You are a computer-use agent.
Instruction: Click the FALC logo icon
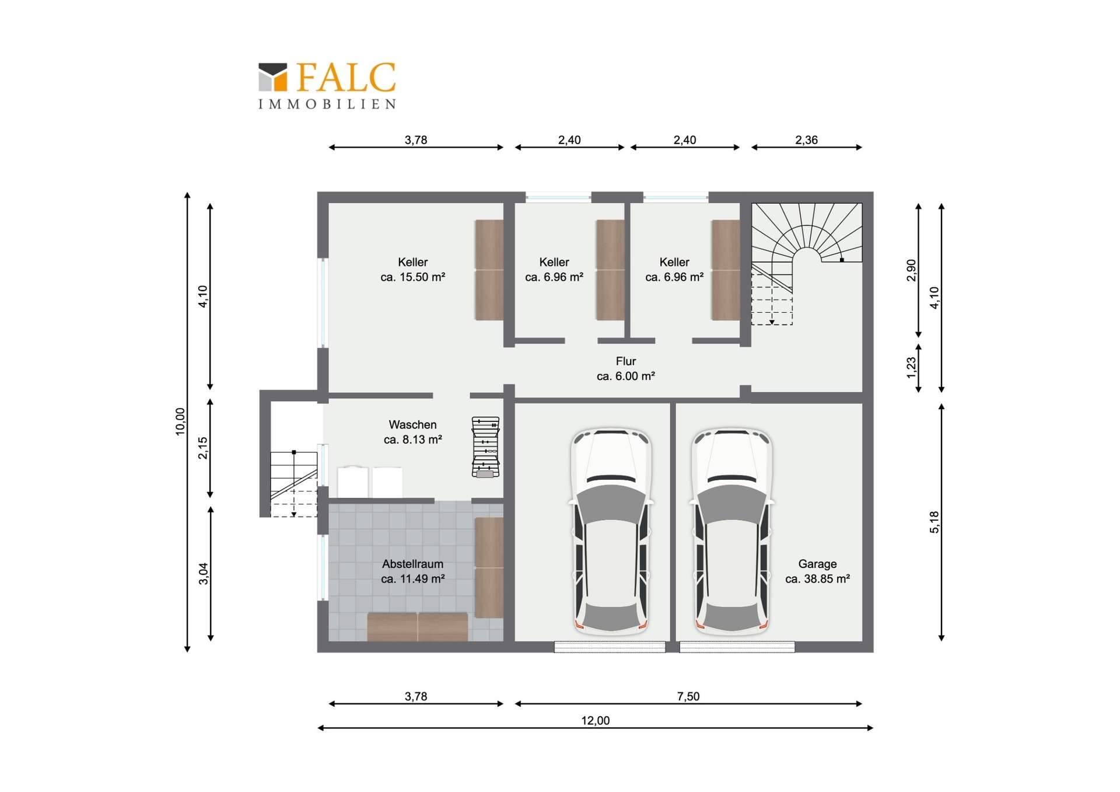coord(273,77)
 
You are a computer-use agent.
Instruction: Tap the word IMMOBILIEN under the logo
coord(327,104)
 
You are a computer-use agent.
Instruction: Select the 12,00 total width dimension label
coord(595,721)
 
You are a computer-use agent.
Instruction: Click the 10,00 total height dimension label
coord(180,421)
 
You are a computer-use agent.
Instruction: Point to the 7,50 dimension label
coord(688,696)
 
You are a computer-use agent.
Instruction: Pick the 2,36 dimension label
coord(806,140)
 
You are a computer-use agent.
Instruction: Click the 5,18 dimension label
coord(935,522)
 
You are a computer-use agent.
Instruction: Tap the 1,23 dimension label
coord(912,367)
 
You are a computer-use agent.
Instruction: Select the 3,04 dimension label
coord(203,573)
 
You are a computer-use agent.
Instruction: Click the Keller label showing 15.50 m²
coord(412,270)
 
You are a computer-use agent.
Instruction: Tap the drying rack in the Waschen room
coord(485,447)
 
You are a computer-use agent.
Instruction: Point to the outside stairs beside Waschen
coord(293,483)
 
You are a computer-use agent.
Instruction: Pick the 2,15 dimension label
coord(203,448)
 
